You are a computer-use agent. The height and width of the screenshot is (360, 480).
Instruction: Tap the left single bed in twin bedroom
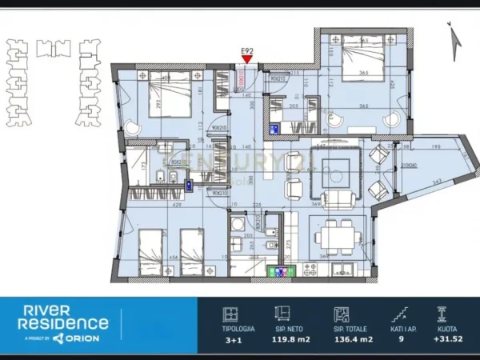coord(150,250)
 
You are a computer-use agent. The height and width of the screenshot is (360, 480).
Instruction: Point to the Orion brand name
coord(89,338)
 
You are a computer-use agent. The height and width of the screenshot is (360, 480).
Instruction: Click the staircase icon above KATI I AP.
coord(398,314)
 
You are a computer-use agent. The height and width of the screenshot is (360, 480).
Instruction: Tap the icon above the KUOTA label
coord(440,314)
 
